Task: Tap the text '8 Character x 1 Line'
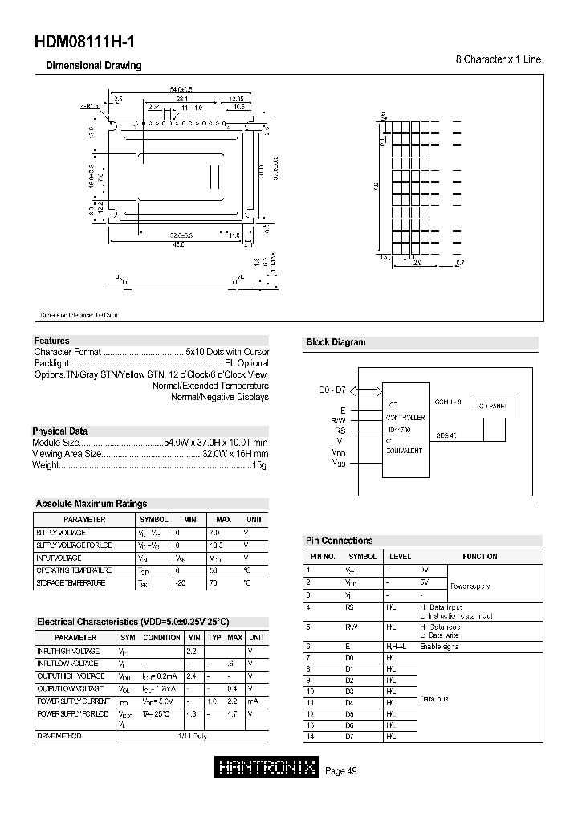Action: [499, 60]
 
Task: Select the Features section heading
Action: [52, 341]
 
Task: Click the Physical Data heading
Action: [60, 431]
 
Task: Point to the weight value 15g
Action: [260, 466]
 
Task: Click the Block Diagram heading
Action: [336, 342]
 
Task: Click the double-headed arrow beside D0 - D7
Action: [365, 391]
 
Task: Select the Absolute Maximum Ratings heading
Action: [92, 504]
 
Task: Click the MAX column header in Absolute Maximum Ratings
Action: [224, 520]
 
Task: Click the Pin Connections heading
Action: [340, 541]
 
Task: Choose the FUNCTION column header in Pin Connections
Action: [480, 556]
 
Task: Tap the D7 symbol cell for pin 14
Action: [349, 737]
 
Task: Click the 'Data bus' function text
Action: [434, 698]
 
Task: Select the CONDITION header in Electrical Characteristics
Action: [162, 637]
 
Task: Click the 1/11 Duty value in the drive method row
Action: [191, 735]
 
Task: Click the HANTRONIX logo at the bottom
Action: [267, 769]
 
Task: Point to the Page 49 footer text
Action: [341, 771]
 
